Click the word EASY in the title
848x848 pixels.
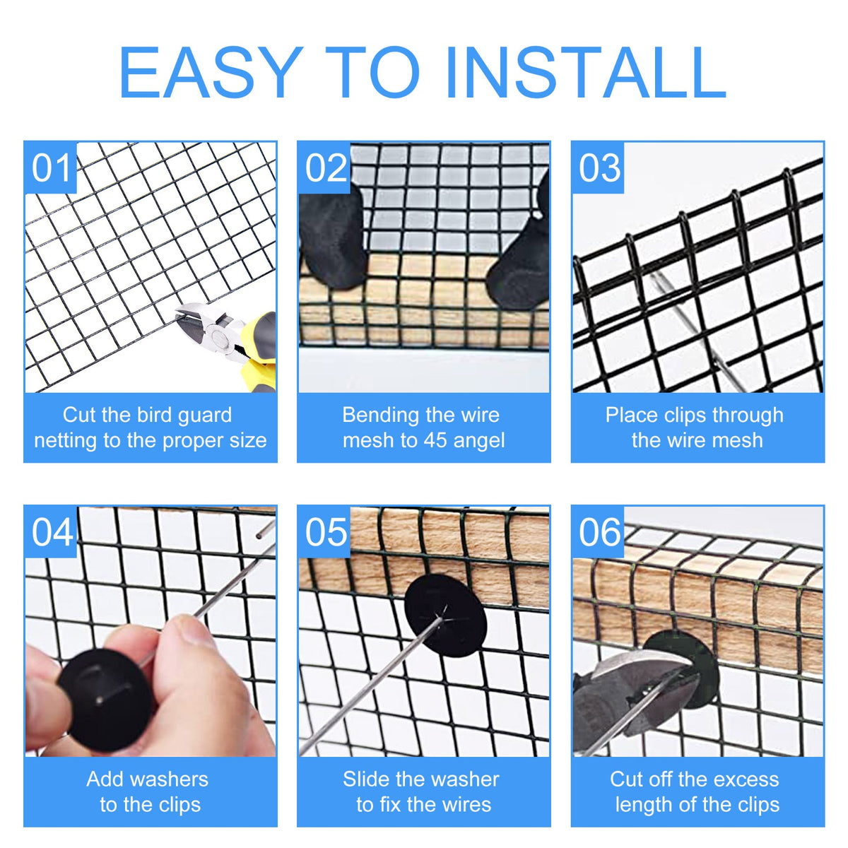click(x=211, y=72)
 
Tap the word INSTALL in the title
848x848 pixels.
click(x=586, y=72)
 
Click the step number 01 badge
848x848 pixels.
click(x=50, y=167)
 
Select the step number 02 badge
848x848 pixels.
click(x=324, y=167)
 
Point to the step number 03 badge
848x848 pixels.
click(x=598, y=167)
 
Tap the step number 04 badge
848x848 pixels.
click(x=51, y=532)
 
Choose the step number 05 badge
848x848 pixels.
click(x=325, y=532)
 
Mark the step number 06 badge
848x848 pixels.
click(x=599, y=532)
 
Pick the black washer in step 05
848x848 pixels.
click(x=445, y=616)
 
